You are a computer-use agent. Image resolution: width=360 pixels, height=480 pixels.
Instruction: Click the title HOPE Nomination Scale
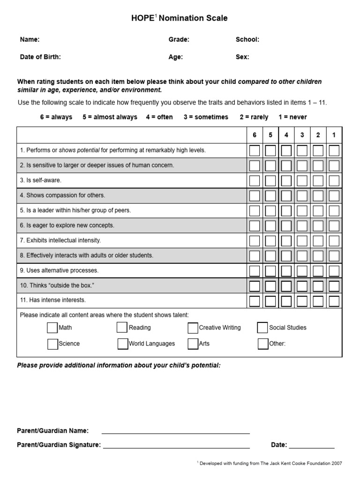pyautogui.click(x=180, y=18)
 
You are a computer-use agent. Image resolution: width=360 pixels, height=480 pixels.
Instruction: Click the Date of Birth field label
pyautogui.click(x=40, y=57)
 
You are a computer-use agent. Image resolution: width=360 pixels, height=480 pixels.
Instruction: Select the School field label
pyautogui.click(x=247, y=40)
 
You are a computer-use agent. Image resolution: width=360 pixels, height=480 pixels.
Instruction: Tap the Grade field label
pyautogui.click(x=179, y=40)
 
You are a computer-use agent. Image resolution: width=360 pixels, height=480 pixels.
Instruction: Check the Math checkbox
pyautogui.click(x=52, y=328)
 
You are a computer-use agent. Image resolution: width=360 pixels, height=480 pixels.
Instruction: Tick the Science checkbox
pyautogui.click(x=52, y=344)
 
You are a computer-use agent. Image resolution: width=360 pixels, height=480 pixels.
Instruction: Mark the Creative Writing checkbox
pyautogui.click(x=193, y=328)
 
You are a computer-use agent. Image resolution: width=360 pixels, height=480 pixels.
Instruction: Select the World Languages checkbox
pyautogui.click(x=122, y=344)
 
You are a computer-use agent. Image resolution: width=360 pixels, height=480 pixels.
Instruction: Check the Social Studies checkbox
pyautogui.click(x=262, y=328)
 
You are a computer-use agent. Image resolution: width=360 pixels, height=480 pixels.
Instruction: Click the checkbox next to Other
pyautogui.click(x=262, y=344)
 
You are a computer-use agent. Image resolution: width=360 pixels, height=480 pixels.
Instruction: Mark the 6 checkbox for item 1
pyautogui.click(x=255, y=150)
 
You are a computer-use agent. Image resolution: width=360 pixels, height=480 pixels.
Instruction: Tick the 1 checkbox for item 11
pyautogui.click(x=334, y=300)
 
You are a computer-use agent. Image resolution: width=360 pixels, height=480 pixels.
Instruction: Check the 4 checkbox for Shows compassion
pyautogui.click(x=286, y=195)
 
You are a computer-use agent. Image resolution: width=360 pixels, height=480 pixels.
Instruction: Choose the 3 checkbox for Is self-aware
pyautogui.click(x=302, y=180)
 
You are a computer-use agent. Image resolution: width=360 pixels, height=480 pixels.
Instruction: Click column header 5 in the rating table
pyautogui.click(x=270, y=135)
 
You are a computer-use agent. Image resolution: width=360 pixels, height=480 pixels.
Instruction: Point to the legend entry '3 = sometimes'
pyautogui.click(x=206, y=117)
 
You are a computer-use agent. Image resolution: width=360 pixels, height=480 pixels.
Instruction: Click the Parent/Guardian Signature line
pyautogui.click(x=176, y=448)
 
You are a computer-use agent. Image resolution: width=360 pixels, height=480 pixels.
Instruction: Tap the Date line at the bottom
pyautogui.click(x=314, y=448)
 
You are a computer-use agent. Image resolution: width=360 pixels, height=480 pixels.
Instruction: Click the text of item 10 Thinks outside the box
pyautogui.click(x=60, y=285)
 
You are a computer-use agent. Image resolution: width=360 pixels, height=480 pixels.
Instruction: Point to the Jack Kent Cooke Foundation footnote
pyautogui.click(x=270, y=463)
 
